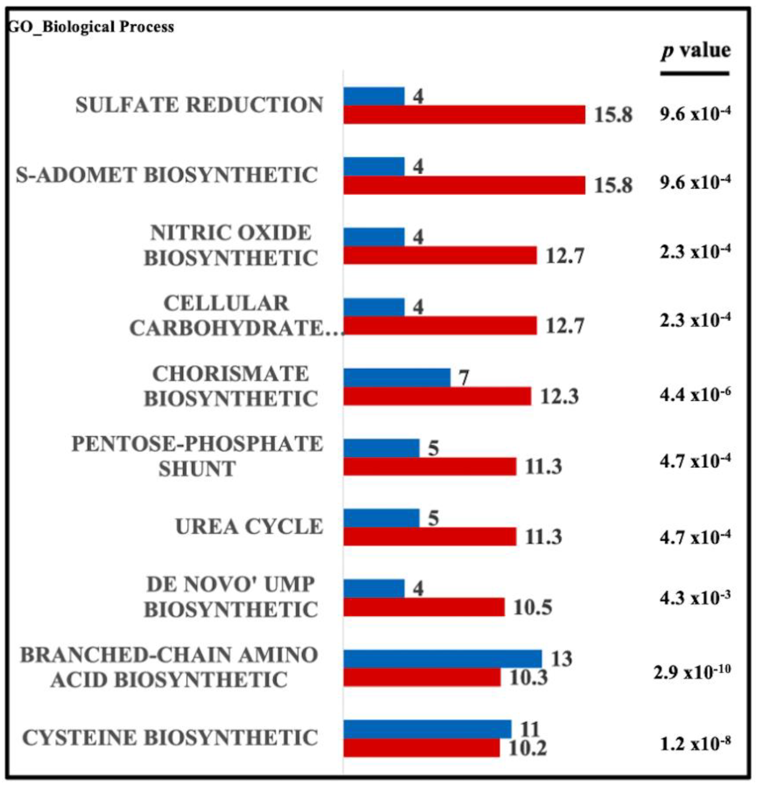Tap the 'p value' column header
tap(695, 51)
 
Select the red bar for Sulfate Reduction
tap(464, 115)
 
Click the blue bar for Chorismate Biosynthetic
tap(397, 378)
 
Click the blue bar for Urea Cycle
tap(381, 518)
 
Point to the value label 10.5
tap(532, 607)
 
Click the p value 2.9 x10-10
tap(692, 671)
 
